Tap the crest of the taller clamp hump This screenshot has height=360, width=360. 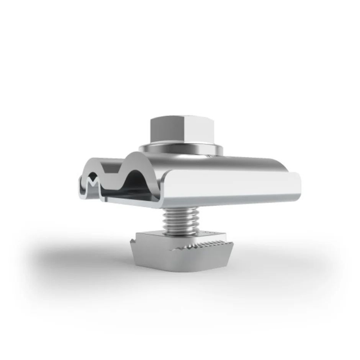point(139,155)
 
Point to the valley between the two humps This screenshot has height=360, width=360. point(115,172)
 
